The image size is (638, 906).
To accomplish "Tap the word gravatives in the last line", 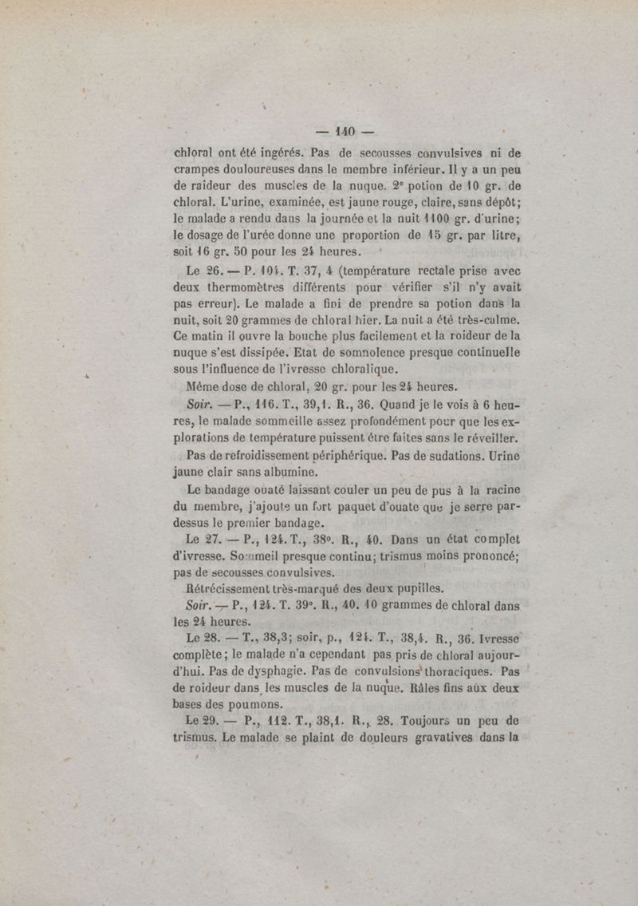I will click(458, 738).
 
